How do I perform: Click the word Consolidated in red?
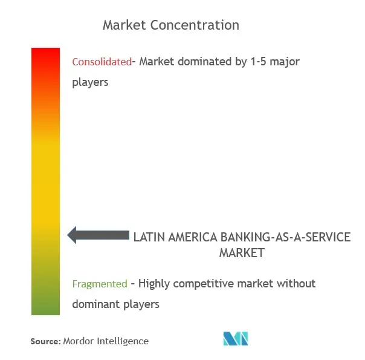(x=102, y=62)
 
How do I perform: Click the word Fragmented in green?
(x=100, y=284)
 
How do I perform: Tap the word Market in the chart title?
(x=124, y=25)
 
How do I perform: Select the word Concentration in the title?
(x=195, y=25)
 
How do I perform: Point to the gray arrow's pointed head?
(x=68, y=235)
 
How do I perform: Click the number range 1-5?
(x=258, y=62)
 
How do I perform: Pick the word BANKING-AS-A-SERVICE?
(x=285, y=237)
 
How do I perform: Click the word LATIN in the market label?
(x=149, y=237)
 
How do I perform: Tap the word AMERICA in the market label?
(x=193, y=237)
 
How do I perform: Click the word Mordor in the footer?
(x=79, y=341)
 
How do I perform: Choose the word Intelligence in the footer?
(x=123, y=341)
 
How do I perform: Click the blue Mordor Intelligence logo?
(x=236, y=338)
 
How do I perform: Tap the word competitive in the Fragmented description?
(x=204, y=284)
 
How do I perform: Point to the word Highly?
(x=154, y=284)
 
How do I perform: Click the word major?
(x=285, y=62)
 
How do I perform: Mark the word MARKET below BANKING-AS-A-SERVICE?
(x=242, y=253)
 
